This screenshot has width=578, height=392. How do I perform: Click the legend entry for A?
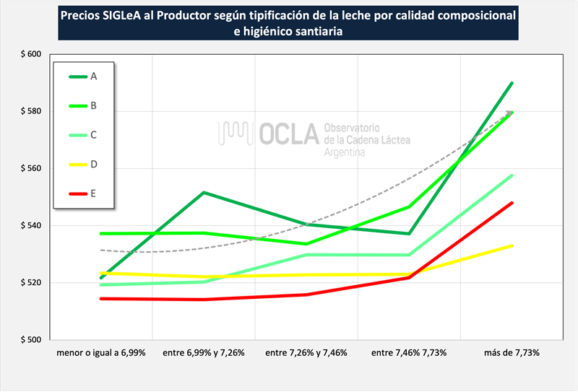tap(83, 77)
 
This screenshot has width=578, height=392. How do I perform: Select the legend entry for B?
tap(83, 105)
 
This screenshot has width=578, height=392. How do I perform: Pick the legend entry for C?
tap(83, 135)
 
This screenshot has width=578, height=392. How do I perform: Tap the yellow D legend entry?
tap(83, 165)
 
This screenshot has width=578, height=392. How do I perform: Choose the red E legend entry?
tap(82, 193)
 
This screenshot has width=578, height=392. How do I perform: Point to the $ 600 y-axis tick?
tap(31, 54)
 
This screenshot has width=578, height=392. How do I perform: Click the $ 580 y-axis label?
tap(31, 111)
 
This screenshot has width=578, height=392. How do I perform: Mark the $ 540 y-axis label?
tap(31, 225)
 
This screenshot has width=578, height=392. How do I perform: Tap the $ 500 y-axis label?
tap(31, 340)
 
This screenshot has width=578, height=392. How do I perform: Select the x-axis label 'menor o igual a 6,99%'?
tap(101, 353)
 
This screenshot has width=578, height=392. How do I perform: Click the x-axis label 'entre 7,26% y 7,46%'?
tap(306, 353)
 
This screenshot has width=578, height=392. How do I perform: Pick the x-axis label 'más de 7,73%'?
tap(512, 353)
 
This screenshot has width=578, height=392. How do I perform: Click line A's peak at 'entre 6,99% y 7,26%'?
tap(204, 192)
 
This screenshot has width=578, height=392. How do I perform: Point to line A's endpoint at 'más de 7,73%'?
tap(512, 83)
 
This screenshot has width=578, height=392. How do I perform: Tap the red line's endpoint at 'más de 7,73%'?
tap(512, 203)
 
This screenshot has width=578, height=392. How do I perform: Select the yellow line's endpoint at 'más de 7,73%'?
tap(512, 245)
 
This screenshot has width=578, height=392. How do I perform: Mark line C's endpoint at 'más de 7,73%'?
tap(512, 175)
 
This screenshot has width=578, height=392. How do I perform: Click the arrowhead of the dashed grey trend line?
tap(510, 113)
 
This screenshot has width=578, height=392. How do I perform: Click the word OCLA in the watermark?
tap(289, 134)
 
